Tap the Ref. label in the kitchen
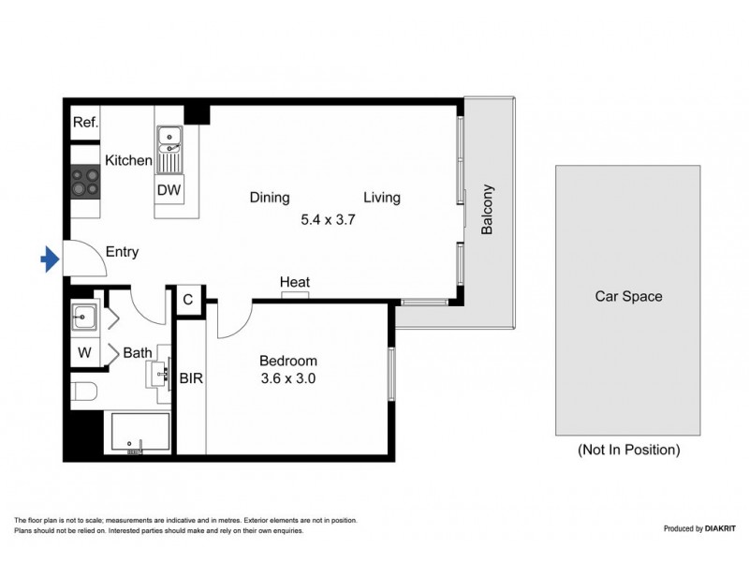click(86, 122)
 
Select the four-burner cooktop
click(86, 181)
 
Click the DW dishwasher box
click(169, 190)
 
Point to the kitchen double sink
click(169, 140)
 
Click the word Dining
click(270, 198)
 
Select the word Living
click(382, 198)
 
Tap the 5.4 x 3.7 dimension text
click(328, 221)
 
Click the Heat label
click(295, 282)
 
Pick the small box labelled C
click(188, 300)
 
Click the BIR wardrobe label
click(191, 378)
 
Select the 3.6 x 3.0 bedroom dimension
click(287, 379)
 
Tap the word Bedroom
click(287, 361)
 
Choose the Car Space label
click(628, 297)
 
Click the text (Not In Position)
click(628, 450)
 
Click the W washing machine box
click(84, 353)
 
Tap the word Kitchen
click(128, 161)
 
